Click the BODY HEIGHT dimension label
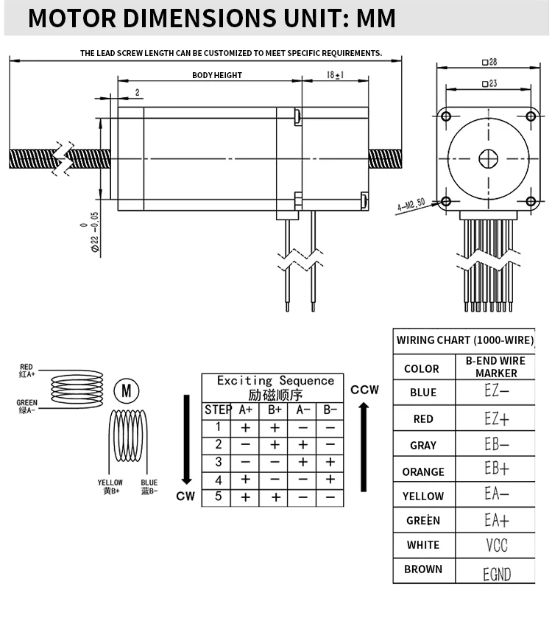point(216,75)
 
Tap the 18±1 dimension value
point(335,75)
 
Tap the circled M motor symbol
point(126,390)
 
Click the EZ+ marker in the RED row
point(496,418)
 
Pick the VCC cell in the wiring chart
point(496,545)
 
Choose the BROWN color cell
point(423,569)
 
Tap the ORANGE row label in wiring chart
point(423,471)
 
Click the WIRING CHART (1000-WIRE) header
point(464,340)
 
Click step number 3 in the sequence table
point(218,462)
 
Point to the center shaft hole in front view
point(488,158)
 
